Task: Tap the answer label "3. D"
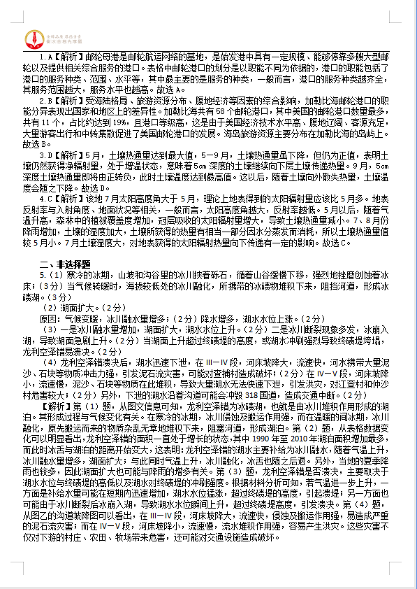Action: pos(44,155)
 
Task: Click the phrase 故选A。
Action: pos(170,90)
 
